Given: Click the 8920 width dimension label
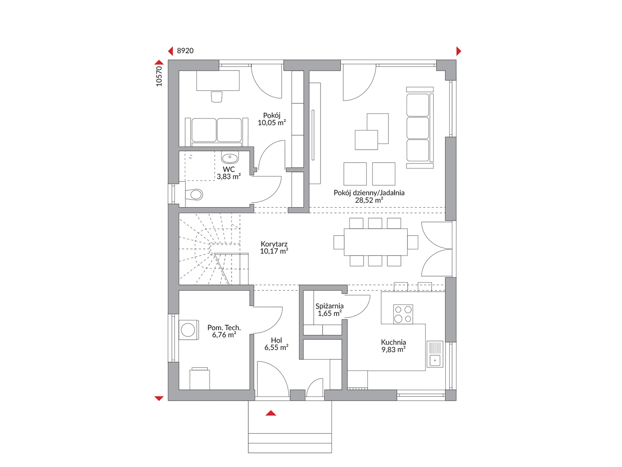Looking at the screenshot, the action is coord(185,51).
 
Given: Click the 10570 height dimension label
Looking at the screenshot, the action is coord(159,76).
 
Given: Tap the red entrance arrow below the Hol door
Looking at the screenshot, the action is coord(271,413).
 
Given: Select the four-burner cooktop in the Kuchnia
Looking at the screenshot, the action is coord(403,314).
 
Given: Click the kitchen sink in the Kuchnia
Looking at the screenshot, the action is coord(435,354).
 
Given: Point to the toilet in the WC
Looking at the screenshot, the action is coord(194,194).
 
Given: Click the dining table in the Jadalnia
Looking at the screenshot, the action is coord(375,242).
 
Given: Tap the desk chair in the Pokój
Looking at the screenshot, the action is coord(217,97).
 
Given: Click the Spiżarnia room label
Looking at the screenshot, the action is coord(329,306).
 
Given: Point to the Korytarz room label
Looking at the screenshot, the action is coord(274,244).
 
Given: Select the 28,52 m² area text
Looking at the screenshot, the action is coord(369,200).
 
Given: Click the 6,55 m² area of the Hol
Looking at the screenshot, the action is coord(276,347).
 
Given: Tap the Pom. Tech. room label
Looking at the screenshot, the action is coord(224,327).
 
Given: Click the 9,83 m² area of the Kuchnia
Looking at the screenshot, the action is coord(393,350).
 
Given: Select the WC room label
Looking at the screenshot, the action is coord(229,169).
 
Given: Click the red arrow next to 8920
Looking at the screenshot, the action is coord(171,51).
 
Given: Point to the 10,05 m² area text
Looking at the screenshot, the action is coord(272,122).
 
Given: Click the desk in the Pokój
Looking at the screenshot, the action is coord(218,80).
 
